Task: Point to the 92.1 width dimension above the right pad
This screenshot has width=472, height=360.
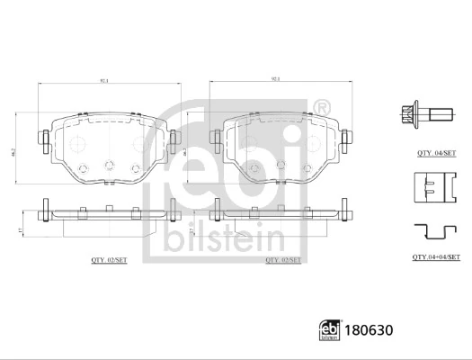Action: coord(275,81)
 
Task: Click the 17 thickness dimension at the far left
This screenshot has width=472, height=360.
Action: coord(20,230)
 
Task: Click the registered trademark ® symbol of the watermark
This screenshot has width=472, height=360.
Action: coord(321,110)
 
